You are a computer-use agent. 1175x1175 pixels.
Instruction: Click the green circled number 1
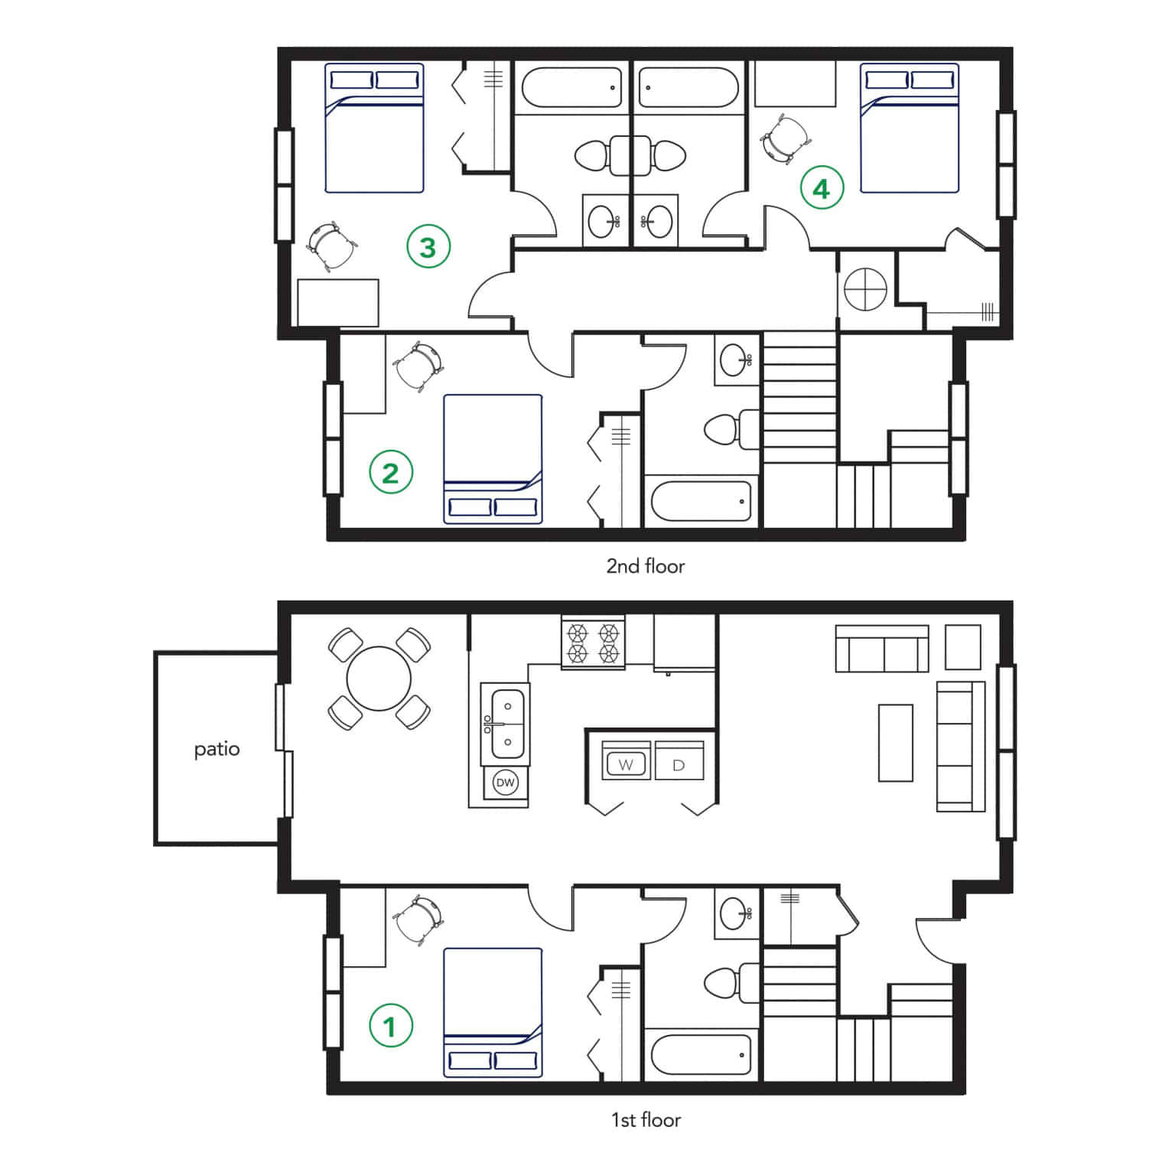[391, 1026]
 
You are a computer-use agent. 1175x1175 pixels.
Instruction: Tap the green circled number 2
[391, 473]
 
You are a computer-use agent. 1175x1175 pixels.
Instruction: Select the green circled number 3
[428, 247]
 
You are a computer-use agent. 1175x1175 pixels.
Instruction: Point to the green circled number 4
[822, 188]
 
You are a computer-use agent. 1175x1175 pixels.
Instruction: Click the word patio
[216, 749]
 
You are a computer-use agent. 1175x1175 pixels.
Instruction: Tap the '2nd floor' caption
[645, 566]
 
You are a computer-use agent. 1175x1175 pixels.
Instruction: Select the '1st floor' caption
[645, 1120]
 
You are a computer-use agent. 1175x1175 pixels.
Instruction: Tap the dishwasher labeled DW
[505, 783]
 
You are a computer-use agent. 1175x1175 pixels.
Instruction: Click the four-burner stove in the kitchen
[592, 643]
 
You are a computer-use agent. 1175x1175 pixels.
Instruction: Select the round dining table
[379, 679]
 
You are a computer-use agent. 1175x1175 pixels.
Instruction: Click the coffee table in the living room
[895, 743]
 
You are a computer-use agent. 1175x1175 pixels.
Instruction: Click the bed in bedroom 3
[374, 128]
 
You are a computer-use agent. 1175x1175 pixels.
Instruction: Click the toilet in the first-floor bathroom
[727, 983]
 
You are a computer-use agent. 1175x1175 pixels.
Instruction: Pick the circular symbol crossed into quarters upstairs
[865, 289]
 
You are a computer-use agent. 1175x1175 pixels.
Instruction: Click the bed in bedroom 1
[493, 1014]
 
